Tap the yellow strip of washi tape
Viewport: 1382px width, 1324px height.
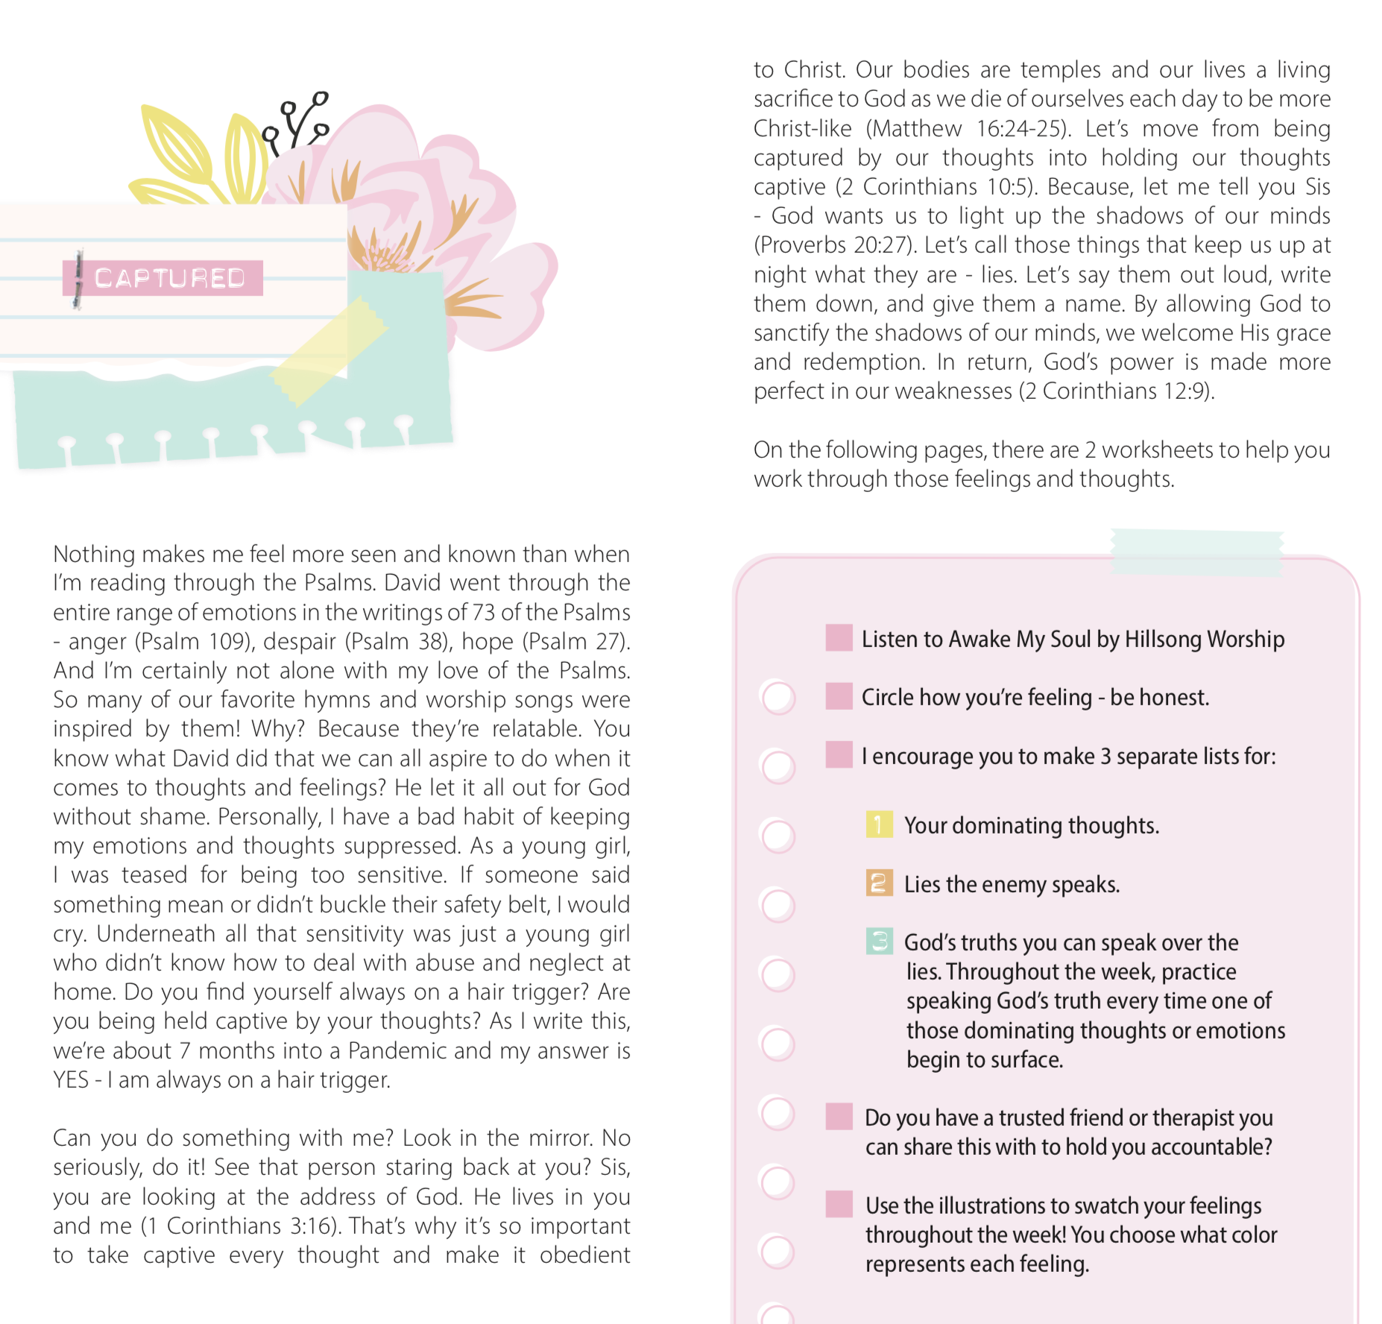pos(328,350)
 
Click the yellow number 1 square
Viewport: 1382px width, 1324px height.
pos(879,824)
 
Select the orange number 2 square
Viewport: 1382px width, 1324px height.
pos(879,883)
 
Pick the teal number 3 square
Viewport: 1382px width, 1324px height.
pos(880,941)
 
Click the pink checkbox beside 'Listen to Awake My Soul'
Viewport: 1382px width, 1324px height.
pos(839,638)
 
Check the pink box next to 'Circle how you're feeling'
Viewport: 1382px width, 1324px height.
pos(839,696)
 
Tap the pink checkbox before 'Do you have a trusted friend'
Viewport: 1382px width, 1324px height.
pos(839,1117)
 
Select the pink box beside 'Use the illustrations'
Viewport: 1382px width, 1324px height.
pos(839,1204)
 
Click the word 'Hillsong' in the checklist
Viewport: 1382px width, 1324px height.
pos(1163,640)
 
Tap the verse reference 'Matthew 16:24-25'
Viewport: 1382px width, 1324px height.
pos(968,128)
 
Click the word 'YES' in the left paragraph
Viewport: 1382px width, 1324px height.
pos(71,1079)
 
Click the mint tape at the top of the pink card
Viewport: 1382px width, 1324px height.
pos(1196,552)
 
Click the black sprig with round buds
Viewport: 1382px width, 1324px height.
pos(298,123)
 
